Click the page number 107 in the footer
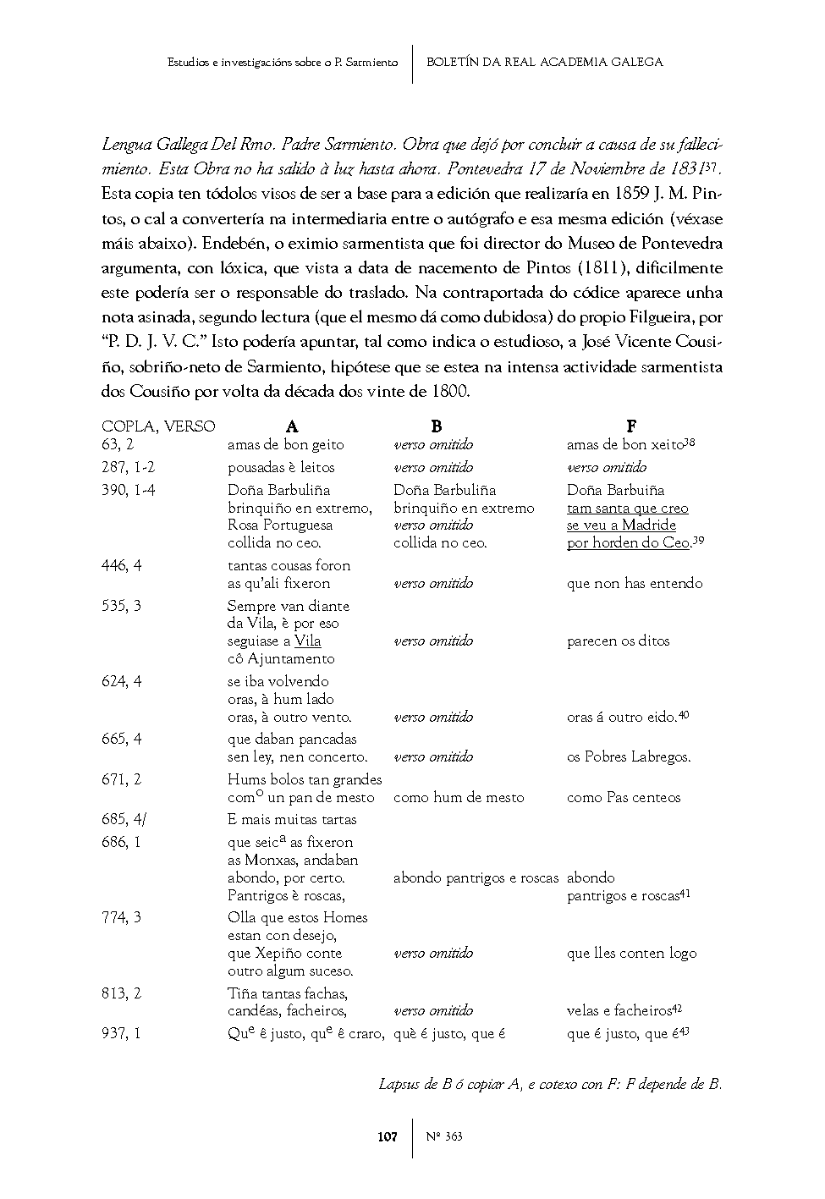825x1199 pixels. click(x=387, y=1136)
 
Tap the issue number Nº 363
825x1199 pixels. click(x=444, y=1136)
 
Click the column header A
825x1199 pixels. click(x=293, y=426)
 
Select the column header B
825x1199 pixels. click(x=436, y=426)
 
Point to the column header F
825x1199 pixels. click(x=631, y=426)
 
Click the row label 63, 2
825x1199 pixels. click(x=118, y=444)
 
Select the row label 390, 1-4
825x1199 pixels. click(x=129, y=490)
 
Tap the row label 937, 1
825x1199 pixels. click(x=122, y=1033)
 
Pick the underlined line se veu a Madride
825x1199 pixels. click(x=621, y=525)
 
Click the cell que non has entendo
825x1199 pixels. click(x=635, y=583)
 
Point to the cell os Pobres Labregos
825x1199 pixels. click(x=629, y=757)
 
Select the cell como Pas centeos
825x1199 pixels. click(x=624, y=797)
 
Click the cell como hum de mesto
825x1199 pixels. click(x=459, y=797)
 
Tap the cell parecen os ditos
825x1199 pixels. click(x=618, y=641)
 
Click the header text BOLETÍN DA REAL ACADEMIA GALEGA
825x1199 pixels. click(x=544, y=62)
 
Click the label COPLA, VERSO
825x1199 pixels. click(x=158, y=426)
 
